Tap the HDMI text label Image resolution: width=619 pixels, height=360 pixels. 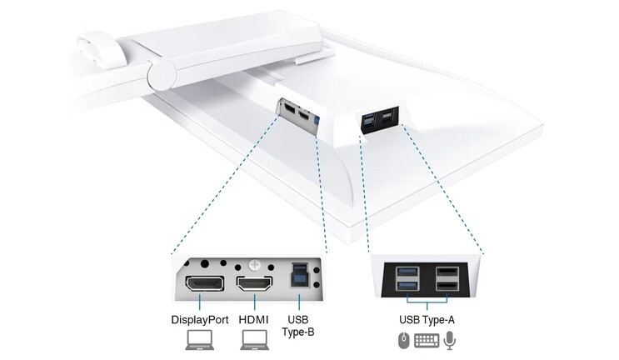(x=254, y=319)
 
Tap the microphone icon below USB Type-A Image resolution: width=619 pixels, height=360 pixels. (x=450, y=340)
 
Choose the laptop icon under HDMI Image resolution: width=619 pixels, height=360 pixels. (x=254, y=340)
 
